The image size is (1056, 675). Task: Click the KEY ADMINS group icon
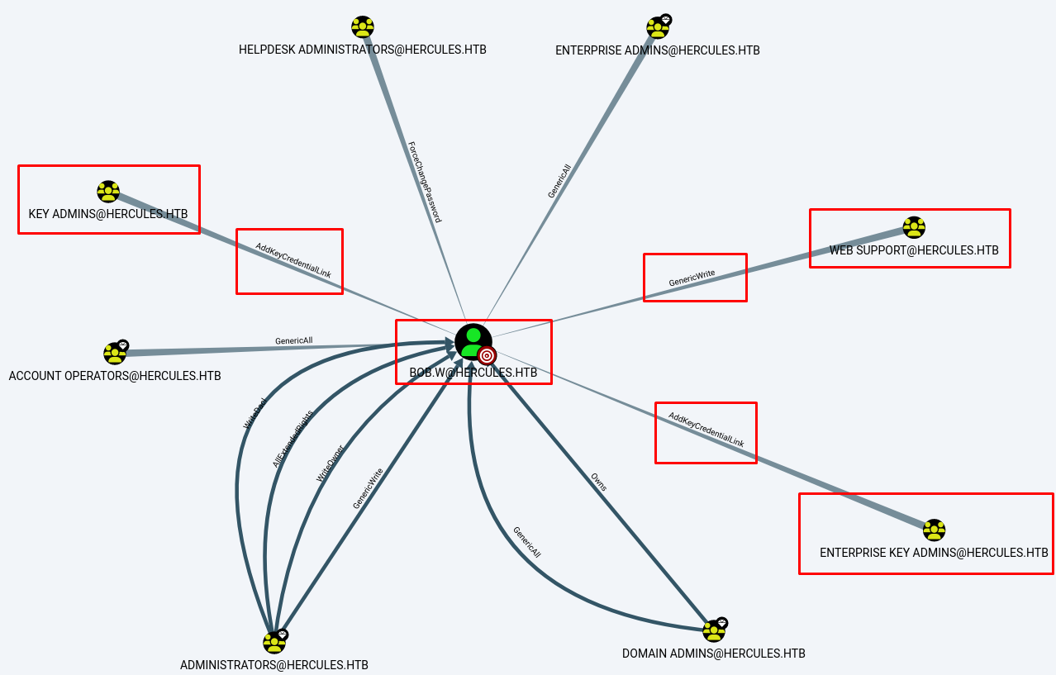(108, 192)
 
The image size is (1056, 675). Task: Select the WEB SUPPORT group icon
(913, 227)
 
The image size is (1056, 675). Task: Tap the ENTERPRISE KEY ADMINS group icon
(934, 530)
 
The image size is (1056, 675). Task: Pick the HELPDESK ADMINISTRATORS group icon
(362, 27)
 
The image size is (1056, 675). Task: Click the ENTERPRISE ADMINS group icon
(657, 28)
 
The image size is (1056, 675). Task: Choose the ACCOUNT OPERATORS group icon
(114, 354)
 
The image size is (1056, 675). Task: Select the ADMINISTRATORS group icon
(274, 642)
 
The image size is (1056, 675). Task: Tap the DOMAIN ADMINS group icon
(713, 631)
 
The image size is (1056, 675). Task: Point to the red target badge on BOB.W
(487, 356)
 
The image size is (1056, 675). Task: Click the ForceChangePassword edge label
(425, 182)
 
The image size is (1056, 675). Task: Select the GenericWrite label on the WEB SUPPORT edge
(692, 278)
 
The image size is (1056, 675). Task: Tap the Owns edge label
(598, 482)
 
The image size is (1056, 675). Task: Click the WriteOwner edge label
(331, 464)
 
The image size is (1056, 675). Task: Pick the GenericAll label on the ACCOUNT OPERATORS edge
(293, 340)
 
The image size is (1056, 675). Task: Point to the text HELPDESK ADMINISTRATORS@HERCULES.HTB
(362, 50)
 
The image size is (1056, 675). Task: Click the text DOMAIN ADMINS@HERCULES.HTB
(713, 654)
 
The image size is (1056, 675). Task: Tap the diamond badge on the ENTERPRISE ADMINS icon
(665, 19)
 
